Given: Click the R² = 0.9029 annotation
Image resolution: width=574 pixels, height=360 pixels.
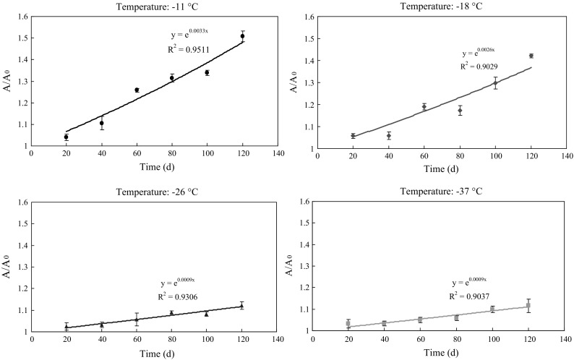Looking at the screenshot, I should click(479, 66).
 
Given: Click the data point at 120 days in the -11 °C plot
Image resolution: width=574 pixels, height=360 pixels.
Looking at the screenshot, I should click(242, 36).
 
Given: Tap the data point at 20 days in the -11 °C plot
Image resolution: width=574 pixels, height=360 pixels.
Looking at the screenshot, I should click(67, 137).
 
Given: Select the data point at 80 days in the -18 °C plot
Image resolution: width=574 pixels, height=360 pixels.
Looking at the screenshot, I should click(460, 111).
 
